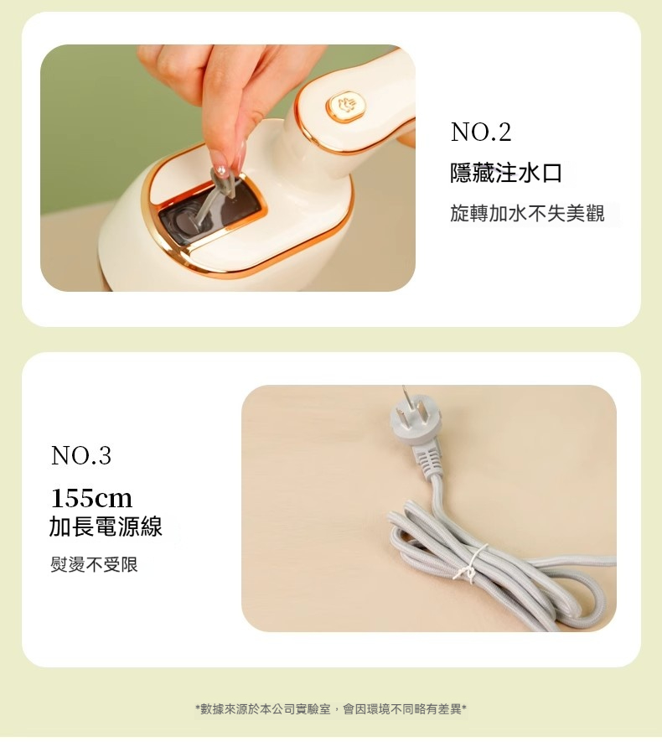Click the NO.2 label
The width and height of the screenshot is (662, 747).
tap(480, 132)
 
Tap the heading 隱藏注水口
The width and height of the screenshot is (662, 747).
tap(505, 173)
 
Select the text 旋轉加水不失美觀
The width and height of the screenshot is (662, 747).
tap(527, 214)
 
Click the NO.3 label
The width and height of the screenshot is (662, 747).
tap(80, 455)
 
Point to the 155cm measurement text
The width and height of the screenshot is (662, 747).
tap(91, 498)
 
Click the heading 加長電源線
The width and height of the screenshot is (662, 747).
tap(106, 527)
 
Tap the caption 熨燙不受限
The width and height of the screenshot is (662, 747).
tap(94, 564)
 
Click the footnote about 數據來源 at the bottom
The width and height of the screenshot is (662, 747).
tap(330, 709)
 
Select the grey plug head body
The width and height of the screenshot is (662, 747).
tap(410, 426)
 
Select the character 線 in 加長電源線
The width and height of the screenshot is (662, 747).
tap(151, 527)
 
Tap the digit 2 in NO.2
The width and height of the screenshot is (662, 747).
tap(504, 132)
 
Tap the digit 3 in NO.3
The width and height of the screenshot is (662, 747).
tap(104, 455)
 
